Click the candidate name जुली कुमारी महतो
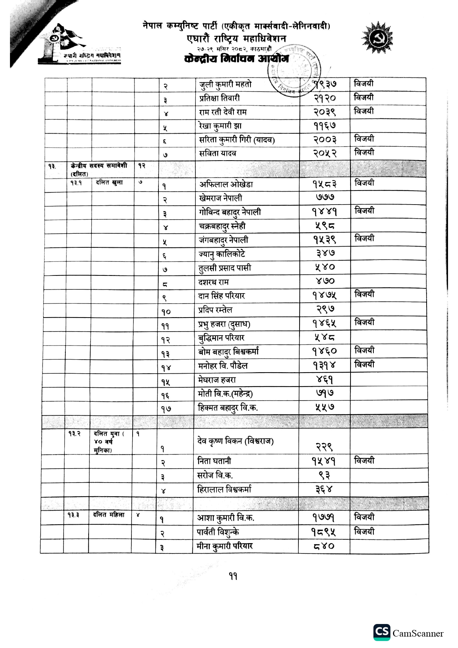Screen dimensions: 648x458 pos(225,85)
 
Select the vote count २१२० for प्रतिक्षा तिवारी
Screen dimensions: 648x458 pos(325,98)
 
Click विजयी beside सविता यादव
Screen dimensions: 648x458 pos(364,152)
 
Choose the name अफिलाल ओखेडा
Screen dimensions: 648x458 pos(226,184)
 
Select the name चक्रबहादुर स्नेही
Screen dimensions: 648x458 pos(222,226)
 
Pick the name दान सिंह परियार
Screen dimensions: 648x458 pos(222,296)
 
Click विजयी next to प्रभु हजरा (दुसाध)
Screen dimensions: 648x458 pos(364,322)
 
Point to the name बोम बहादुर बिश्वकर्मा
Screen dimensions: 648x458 pos(228,352)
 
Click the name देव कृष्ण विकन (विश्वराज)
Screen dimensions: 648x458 pos(235,441)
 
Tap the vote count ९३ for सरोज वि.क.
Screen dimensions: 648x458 pos(324,475)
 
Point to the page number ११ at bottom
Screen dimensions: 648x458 pos(233,576)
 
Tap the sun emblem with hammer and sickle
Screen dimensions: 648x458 pos(377,38)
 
